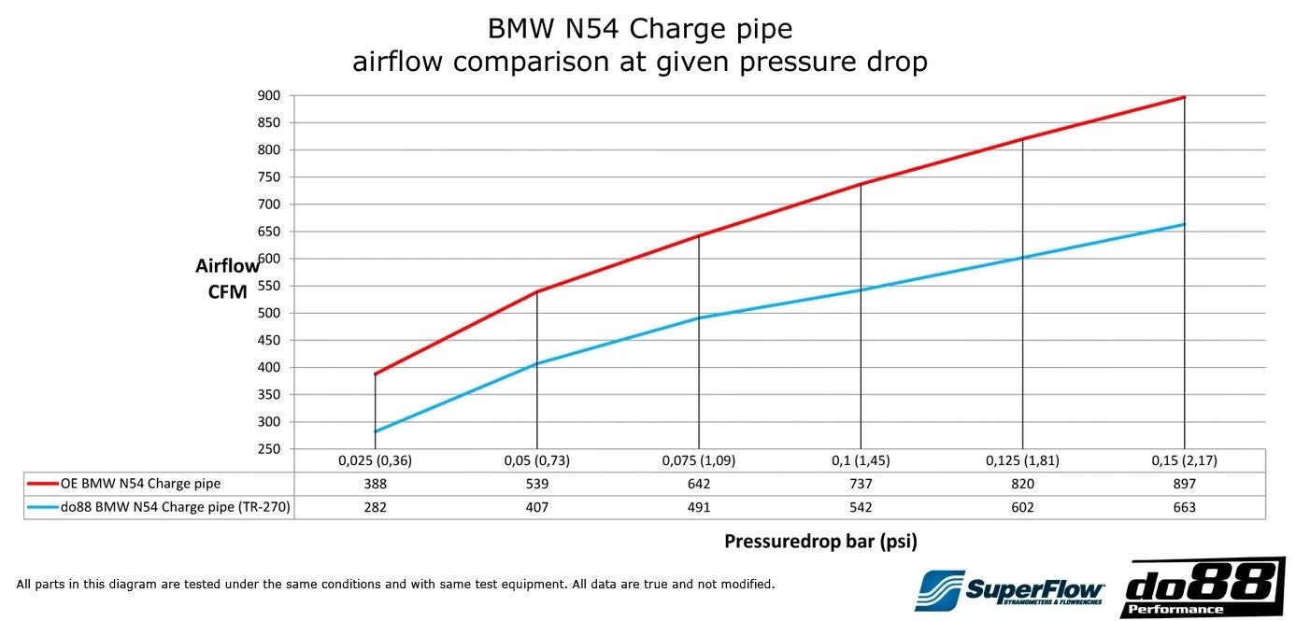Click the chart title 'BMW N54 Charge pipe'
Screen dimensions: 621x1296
coord(640,28)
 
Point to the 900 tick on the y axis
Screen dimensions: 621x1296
coord(270,95)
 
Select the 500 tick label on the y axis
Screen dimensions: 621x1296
coord(270,313)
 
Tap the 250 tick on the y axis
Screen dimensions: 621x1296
coord(270,449)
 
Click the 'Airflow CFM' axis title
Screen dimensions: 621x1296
coord(227,278)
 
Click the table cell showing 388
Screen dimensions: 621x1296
coord(375,484)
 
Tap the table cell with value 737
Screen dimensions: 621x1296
coord(860,484)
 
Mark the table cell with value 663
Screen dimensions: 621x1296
coord(1184,507)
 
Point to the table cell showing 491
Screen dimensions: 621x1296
coord(698,507)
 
